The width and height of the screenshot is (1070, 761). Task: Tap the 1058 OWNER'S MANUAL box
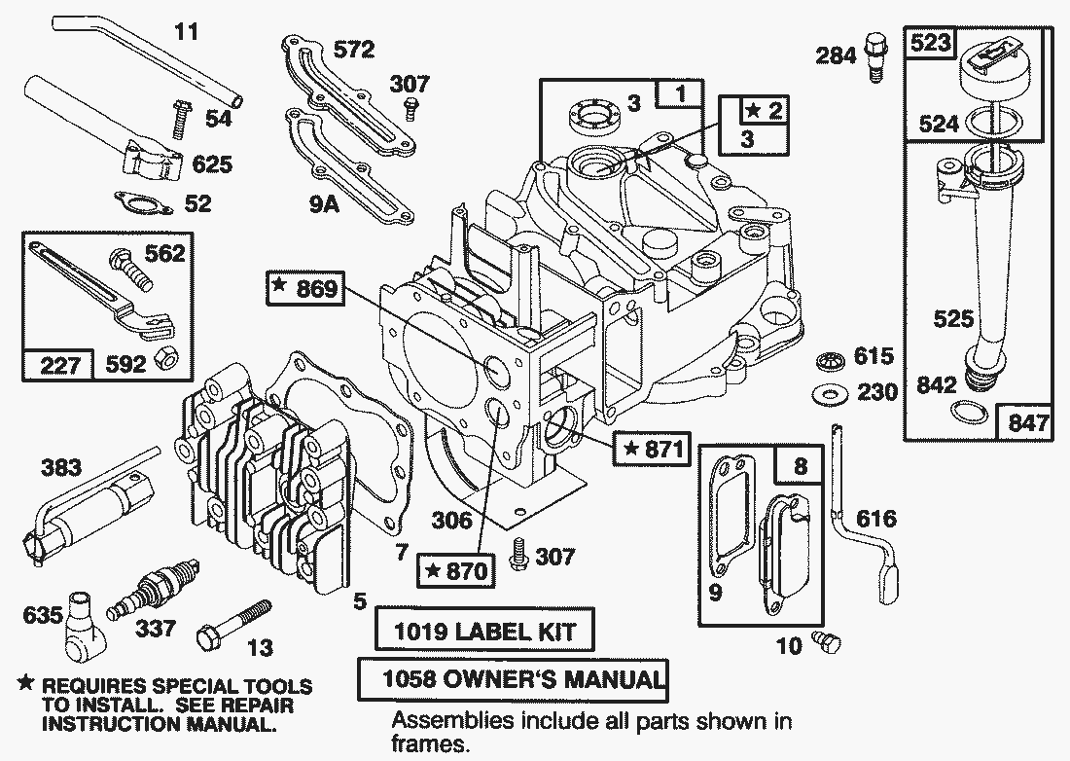(x=513, y=679)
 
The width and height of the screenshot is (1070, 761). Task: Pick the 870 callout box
(x=453, y=570)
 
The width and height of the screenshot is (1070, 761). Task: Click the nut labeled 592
(x=166, y=358)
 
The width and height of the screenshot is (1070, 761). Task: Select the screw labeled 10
(x=828, y=641)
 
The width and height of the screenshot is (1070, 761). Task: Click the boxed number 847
(x=1028, y=422)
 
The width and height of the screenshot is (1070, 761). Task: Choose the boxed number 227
(x=58, y=366)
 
